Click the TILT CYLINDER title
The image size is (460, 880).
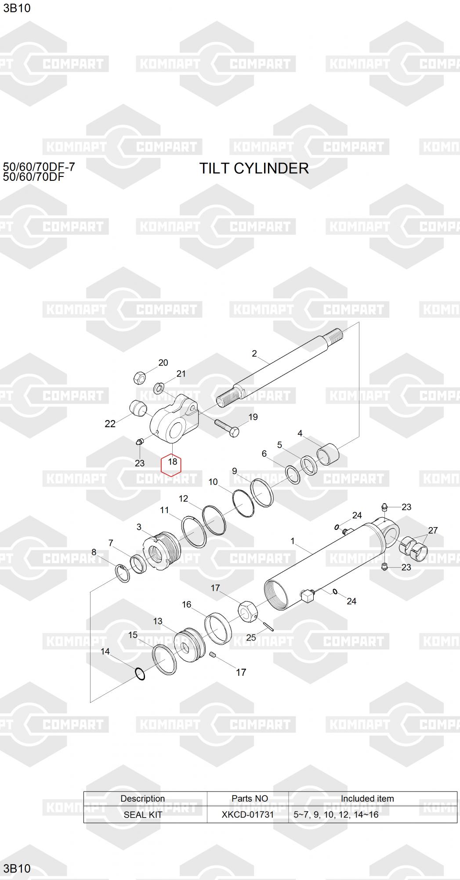254,168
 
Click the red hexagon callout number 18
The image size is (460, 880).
172,462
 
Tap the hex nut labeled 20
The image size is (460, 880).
139,377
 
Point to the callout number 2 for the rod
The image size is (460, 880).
254,353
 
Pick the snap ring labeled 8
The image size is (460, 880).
123,572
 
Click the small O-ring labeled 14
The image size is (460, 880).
140,674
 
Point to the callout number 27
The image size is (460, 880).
433,530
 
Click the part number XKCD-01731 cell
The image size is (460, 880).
248,815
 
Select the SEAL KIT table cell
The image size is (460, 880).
143,815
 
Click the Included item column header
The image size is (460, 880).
367,799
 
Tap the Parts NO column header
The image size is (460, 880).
250,799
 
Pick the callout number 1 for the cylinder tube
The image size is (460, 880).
293,541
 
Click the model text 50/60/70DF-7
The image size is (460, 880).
39,167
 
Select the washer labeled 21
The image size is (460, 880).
159,388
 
